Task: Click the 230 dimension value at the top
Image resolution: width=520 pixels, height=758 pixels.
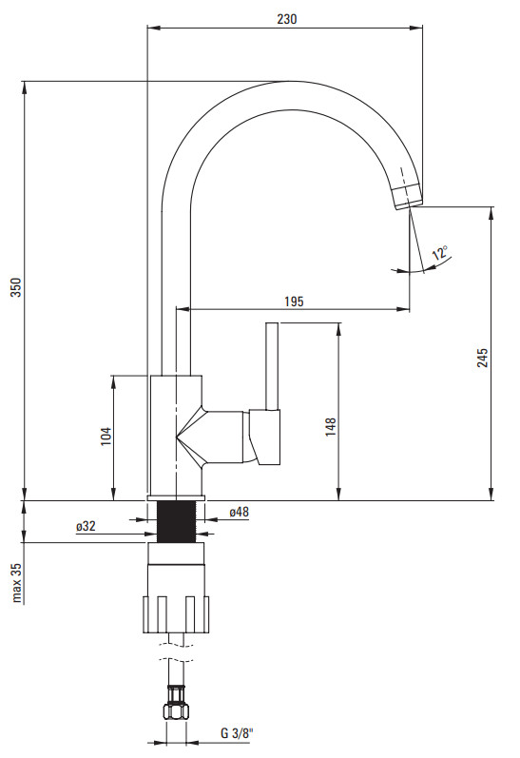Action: pyautogui.click(x=286, y=19)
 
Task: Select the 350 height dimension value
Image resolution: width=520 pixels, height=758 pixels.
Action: pyautogui.click(x=16, y=287)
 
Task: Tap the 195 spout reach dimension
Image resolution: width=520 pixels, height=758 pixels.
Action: pyautogui.click(x=294, y=301)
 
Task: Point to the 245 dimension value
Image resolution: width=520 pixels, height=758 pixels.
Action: pyautogui.click(x=482, y=358)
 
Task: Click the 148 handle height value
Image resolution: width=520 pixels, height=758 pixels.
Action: pyautogui.click(x=331, y=427)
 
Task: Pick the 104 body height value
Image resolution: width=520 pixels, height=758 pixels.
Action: pyautogui.click(x=106, y=436)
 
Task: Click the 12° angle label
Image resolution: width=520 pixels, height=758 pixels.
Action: pyautogui.click(x=440, y=252)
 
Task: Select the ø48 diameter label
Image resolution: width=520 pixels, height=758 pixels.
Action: pyautogui.click(x=240, y=512)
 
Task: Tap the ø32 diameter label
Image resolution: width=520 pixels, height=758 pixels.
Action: pyautogui.click(x=86, y=526)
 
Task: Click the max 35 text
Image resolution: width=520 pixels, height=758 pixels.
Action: pyautogui.click(x=17, y=582)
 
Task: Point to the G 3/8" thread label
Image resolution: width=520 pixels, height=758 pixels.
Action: pyautogui.click(x=238, y=733)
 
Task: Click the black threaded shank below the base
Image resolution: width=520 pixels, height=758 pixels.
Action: pyautogui.click(x=177, y=521)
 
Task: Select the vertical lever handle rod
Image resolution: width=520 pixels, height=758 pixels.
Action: pyautogui.click(x=272, y=366)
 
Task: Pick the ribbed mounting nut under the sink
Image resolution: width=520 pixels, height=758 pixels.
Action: pyautogui.click(x=176, y=614)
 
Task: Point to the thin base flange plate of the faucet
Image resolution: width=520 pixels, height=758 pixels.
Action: pyautogui.click(x=177, y=498)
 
